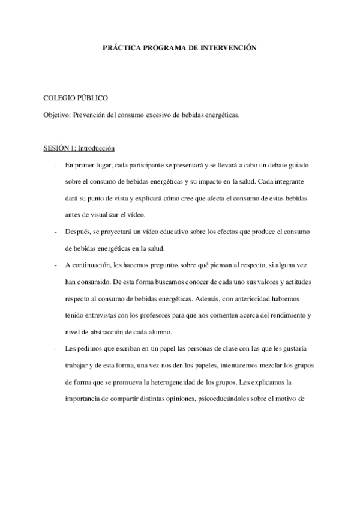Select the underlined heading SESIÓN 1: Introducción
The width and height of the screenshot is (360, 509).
tap(79, 148)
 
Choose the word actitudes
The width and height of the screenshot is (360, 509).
tap(295, 282)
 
